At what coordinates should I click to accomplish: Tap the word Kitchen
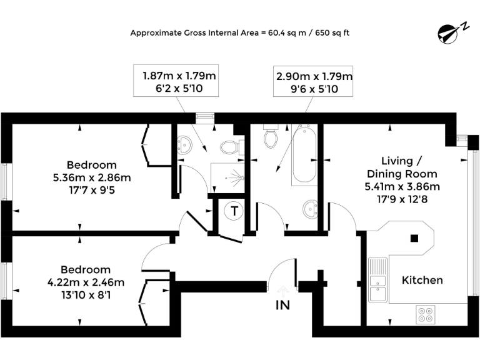click(x=422, y=280)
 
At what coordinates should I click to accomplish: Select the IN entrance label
click(x=282, y=305)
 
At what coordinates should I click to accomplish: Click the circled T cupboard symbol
click(x=234, y=211)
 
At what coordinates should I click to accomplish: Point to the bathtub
click(x=304, y=154)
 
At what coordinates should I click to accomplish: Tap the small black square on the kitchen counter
click(x=413, y=237)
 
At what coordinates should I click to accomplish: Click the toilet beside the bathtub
click(x=271, y=137)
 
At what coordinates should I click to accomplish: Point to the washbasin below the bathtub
click(x=308, y=208)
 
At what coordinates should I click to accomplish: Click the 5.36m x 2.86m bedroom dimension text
click(x=92, y=177)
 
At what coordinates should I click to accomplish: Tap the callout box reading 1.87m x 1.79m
click(x=180, y=82)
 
